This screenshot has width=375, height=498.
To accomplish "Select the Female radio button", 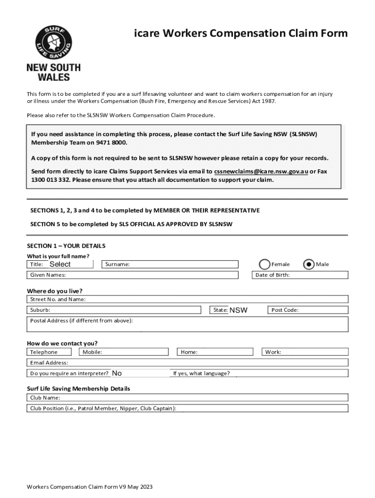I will (264, 264).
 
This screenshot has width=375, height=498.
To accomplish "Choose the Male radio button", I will (308, 264).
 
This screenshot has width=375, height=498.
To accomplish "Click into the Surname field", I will (183, 264).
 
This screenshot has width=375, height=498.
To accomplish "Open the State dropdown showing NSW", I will (238, 310).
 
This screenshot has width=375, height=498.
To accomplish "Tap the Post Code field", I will (321, 310).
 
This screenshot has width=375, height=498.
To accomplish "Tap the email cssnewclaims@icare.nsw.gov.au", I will (261, 172).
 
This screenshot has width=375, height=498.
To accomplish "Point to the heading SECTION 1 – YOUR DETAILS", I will (66, 246).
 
